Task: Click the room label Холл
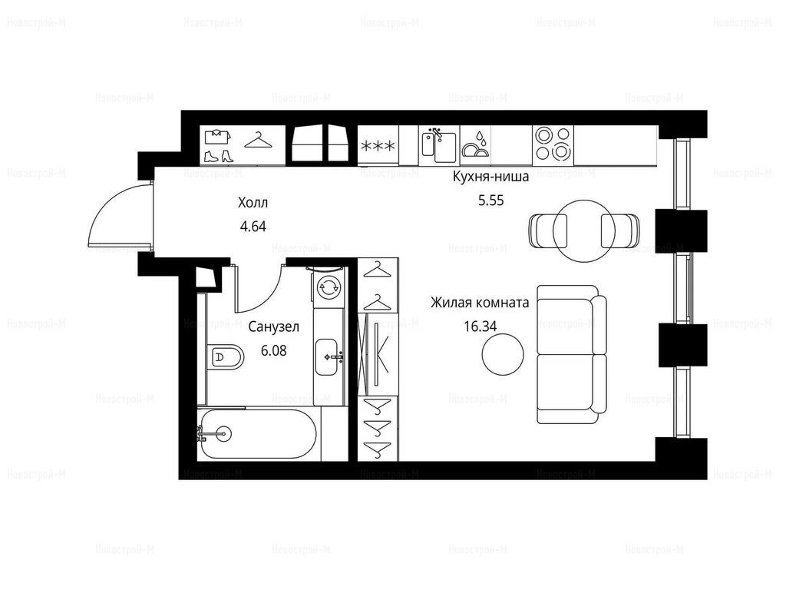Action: [x=253, y=203]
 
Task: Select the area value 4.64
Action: [x=253, y=227]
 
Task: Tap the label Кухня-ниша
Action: [x=490, y=177]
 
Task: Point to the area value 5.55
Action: [x=490, y=201]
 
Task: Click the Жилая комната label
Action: [x=480, y=303]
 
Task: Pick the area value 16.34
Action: [x=481, y=326]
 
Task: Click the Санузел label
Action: [x=274, y=327]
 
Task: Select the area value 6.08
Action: [x=274, y=350]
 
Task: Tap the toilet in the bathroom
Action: [x=224, y=357]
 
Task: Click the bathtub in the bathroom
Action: [x=257, y=433]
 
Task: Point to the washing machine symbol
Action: [x=329, y=287]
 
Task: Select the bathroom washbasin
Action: [x=329, y=356]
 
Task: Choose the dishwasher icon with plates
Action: [x=474, y=144]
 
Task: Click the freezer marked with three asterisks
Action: [x=378, y=145]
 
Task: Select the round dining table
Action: [x=584, y=230]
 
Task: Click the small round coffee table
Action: [x=503, y=353]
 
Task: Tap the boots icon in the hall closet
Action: [x=219, y=156]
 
